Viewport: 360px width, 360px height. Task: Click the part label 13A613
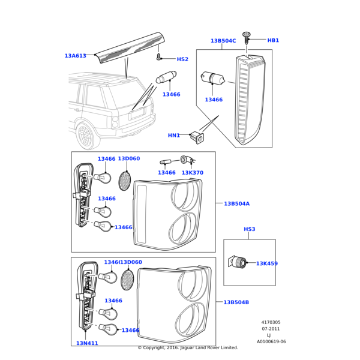(x=75, y=56)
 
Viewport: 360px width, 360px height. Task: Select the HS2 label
(x=182, y=59)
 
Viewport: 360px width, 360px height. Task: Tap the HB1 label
(x=273, y=40)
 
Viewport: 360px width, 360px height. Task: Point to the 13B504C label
(x=223, y=41)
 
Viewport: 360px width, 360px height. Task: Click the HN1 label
(x=173, y=136)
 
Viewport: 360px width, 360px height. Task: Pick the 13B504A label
(x=236, y=204)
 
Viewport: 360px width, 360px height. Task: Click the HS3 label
(x=250, y=229)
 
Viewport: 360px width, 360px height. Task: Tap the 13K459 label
(x=266, y=263)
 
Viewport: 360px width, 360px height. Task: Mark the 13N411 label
(x=87, y=343)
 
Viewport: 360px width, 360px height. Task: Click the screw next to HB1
(x=247, y=38)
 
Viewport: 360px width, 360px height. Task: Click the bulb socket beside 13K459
(x=239, y=262)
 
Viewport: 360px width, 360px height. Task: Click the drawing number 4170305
(x=271, y=322)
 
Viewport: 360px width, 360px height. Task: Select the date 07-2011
(x=271, y=329)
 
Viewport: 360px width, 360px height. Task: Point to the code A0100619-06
(x=271, y=341)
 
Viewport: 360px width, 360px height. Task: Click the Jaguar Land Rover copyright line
(x=188, y=347)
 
